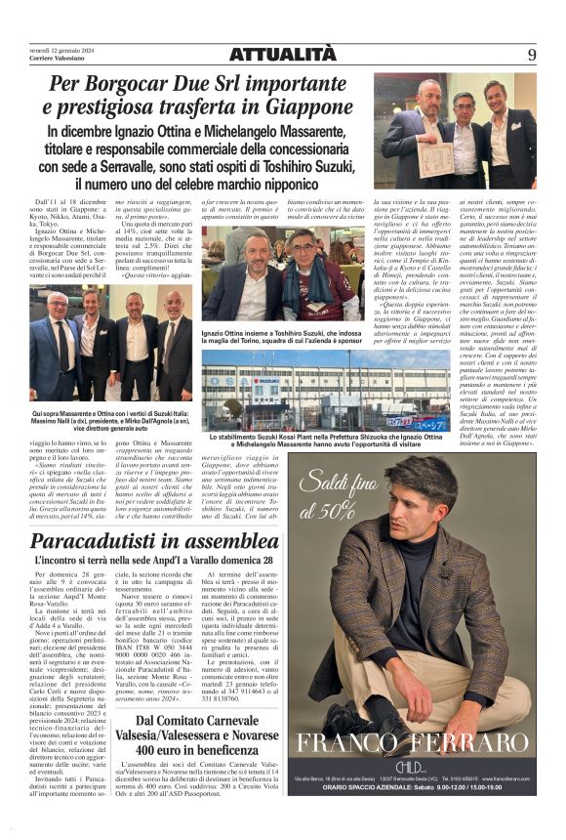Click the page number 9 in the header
pyautogui.click(x=532, y=55)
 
